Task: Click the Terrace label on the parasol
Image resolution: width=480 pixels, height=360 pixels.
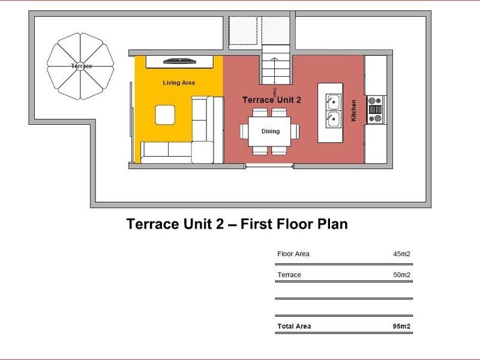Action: pyautogui.click(x=82, y=66)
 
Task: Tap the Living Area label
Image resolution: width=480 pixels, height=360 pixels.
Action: pyautogui.click(x=179, y=83)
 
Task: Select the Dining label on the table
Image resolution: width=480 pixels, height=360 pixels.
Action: pyautogui.click(x=271, y=131)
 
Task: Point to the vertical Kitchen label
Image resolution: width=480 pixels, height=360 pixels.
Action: pyautogui.click(x=353, y=110)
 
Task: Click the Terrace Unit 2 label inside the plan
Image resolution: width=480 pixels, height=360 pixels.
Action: pyautogui.click(x=272, y=100)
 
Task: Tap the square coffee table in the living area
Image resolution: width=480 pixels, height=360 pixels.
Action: pyautogui.click(x=165, y=115)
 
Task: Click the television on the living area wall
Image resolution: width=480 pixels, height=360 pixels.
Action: pyautogui.click(x=179, y=61)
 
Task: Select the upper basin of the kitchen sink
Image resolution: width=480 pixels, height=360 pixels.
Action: pyautogui.click(x=333, y=102)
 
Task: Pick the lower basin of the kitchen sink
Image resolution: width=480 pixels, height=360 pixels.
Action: pyautogui.click(x=333, y=119)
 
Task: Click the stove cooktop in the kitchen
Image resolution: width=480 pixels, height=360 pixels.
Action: pyautogui.click(x=376, y=110)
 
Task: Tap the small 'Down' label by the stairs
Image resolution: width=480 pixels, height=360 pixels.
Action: pyautogui.click(x=274, y=92)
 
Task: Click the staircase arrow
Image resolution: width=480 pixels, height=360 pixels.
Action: pyautogui.click(x=274, y=71)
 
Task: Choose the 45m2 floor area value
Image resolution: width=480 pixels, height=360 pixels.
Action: pyautogui.click(x=401, y=254)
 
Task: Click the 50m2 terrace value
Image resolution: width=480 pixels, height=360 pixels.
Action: pyautogui.click(x=401, y=275)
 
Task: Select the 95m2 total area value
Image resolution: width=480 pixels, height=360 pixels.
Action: pyautogui.click(x=401, y=326)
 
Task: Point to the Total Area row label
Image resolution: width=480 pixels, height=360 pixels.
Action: pyautogui.click(x=294, y=326)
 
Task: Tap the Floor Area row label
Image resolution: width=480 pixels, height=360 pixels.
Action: pyautogui.click(x=293, y=254)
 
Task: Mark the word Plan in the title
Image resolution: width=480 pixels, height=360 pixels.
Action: pyautogui.click(x=332, y=224)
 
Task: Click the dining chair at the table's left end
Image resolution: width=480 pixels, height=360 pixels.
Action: pyautogui.click(x=244, y=131)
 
